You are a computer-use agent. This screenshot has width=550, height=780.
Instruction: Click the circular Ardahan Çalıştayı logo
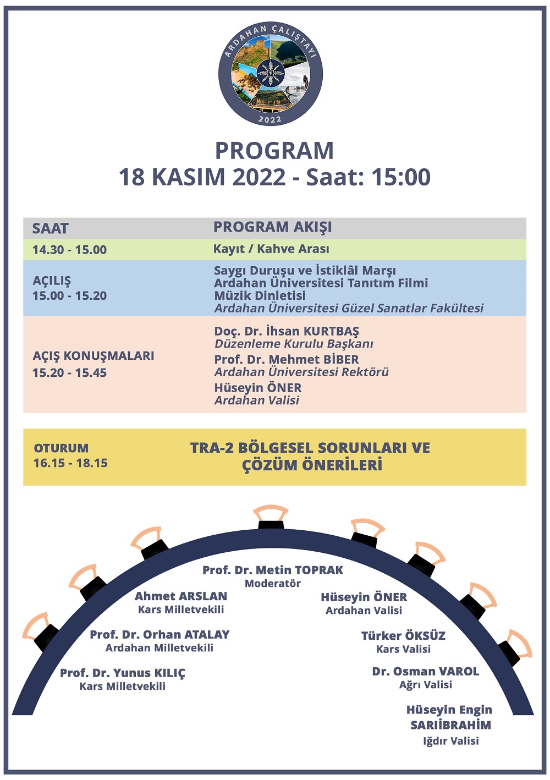click(x=270, y=73)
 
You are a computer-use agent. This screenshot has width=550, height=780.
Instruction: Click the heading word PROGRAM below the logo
click(x=274, y=151)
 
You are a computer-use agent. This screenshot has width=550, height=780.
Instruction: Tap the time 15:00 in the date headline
click(x=400, y=177)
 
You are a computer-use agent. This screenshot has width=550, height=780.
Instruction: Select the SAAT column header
click(x=50, y=229)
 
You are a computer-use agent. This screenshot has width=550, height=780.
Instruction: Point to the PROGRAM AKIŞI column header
click(x=272, y=227)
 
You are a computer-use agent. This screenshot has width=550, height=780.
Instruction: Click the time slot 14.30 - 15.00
click(x=69, y=250)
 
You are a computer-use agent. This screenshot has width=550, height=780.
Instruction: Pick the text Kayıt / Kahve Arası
click(x=271, y=249)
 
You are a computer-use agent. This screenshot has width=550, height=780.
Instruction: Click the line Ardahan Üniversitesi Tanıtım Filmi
click(x=321, y=283)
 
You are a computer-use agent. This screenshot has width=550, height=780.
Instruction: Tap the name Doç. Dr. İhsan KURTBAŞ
click(x=287, y=331)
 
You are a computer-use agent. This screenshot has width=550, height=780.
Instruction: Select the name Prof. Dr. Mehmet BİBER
click(x=287, y=360)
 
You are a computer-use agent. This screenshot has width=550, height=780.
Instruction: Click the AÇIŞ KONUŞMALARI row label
click(x=94, y=356)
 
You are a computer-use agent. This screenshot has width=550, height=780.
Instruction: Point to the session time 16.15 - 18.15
click(x=70, y=463)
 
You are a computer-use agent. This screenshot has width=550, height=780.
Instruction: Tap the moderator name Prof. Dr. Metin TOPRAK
click(x=273, y=570)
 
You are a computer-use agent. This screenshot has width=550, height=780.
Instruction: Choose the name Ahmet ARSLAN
click(x=181, y=596)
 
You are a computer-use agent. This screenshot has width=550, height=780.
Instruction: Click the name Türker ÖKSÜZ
click(x=403, y=636)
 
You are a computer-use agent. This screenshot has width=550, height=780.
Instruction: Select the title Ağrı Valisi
click(x=426, y=685)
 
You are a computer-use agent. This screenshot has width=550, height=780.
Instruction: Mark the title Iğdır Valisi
click(x=450, y=741)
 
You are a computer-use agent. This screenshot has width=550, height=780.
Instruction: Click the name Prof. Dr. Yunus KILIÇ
click(x=123, y=673)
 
